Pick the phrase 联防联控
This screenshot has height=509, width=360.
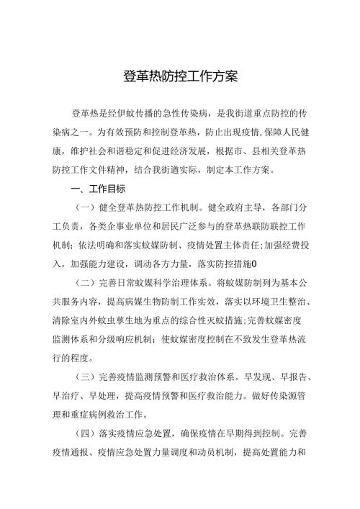pyautogui.click(x=256, y=228)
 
